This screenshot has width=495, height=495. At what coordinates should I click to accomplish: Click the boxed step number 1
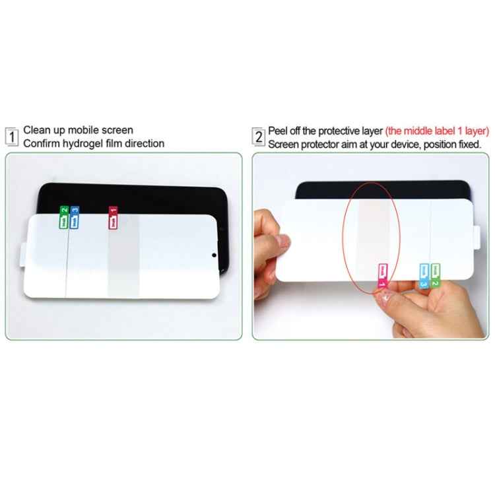coord(13,137)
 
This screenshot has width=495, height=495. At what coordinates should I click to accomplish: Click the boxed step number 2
coord(259,137)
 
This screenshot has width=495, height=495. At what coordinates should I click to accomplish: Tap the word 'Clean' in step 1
coord(37,130)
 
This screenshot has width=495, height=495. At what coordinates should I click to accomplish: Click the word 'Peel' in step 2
coord(279,130)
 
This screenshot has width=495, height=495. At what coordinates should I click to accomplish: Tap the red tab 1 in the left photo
coord(113,218)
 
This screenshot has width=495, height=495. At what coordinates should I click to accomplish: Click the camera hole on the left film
coord(214,256)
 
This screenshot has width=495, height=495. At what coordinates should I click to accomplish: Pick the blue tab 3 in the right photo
coord(424,275)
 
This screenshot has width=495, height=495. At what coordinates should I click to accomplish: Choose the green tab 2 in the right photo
coord(436,275)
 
